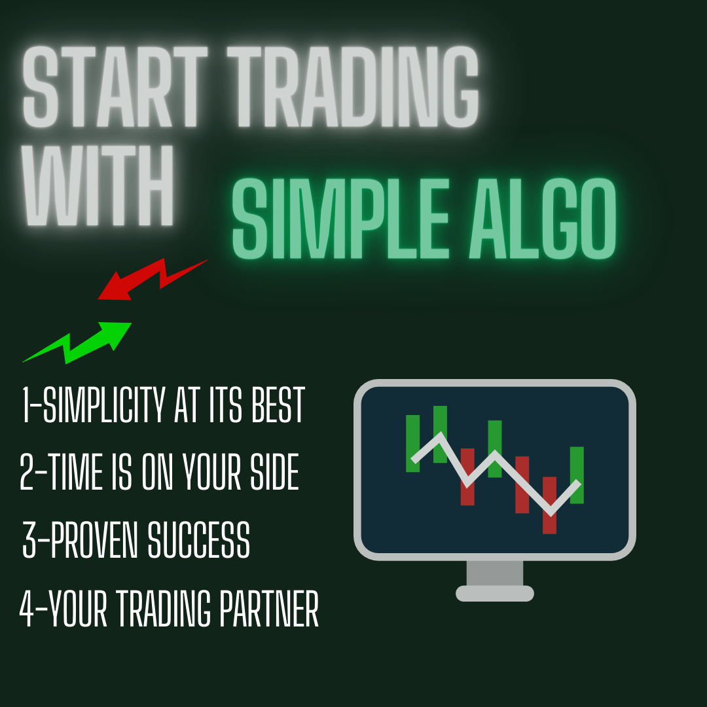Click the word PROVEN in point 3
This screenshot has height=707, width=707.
[x=96, y=541]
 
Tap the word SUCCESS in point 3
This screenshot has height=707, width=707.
[x=198, y=541]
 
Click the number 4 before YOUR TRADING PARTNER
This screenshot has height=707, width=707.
[x=27, y=609]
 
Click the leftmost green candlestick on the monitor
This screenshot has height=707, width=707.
[x=412, y=443]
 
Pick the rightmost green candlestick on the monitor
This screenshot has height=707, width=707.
[x=576, y=475]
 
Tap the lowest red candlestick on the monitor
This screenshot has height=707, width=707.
[x=549, y=505]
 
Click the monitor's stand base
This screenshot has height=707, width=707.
[x=494, y=594]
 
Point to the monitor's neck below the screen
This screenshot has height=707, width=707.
[x=494, y=573]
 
